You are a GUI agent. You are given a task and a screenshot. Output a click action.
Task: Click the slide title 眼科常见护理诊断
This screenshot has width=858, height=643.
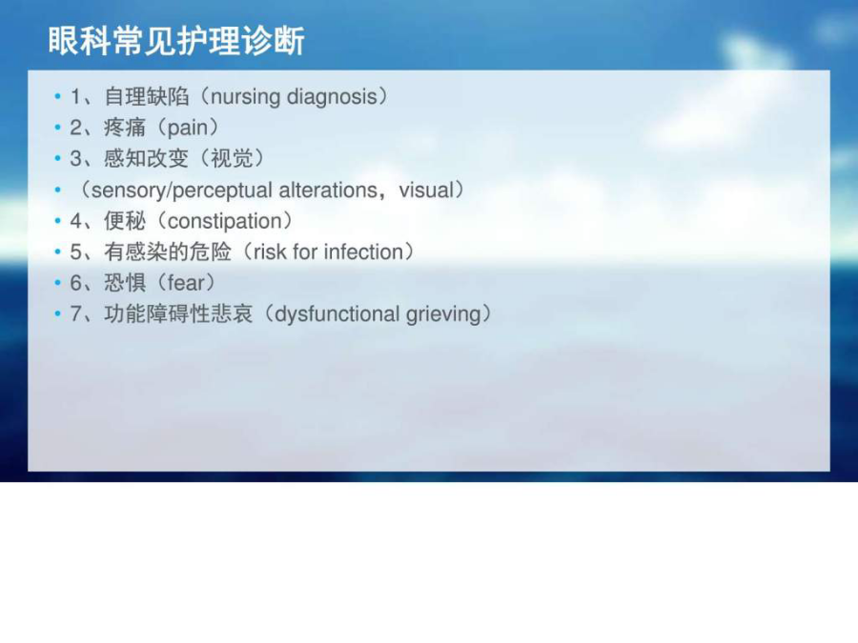click(x=176, y=41)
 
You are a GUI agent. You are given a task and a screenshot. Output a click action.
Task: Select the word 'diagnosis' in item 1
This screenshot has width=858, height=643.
click(x=332, y=97)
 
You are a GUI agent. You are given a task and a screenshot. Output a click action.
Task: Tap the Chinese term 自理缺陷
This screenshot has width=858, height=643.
click(x=147, y=97)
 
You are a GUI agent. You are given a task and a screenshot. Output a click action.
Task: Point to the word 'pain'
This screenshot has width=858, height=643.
click(x=187, y=129)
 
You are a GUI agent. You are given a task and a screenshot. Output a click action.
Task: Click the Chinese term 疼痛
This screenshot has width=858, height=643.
click(x=125, y=128)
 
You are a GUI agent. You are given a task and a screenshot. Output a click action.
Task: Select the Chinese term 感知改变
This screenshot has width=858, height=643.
click(x=147, y=158)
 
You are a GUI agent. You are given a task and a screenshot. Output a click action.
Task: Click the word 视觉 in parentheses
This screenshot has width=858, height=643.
click(x=232, y=158)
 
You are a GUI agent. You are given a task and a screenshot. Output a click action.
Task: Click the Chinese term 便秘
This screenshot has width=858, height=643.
click(x=125, y=221)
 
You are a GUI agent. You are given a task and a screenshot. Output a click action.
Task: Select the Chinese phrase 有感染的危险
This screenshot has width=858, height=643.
click(x=168, y=252)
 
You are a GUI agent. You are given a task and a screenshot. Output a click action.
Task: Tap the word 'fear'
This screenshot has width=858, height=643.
click(x=186, y=283)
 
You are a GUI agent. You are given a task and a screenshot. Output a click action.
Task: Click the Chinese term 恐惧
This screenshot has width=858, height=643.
click(x=125, y=283)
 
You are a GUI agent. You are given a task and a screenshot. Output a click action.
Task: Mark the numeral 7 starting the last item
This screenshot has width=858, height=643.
click(x=75, y=314)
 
